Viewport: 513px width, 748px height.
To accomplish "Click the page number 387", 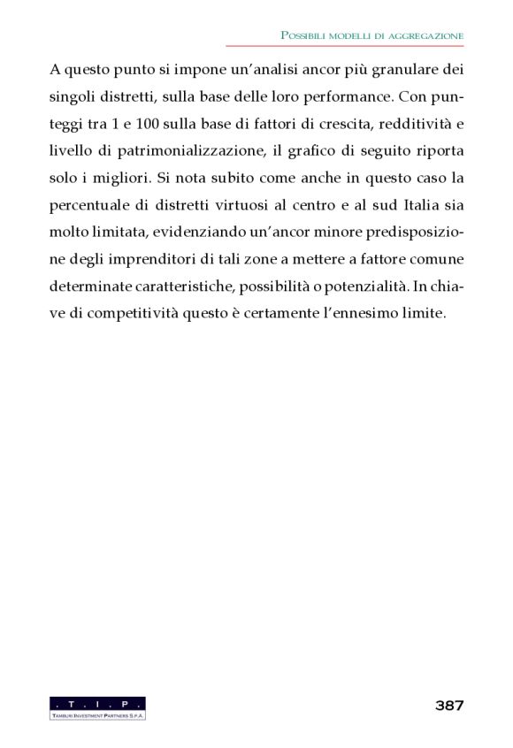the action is pyautogui.click(x=449, y=706).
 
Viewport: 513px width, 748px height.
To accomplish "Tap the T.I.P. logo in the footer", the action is pyautogui.click(x=98, y=707).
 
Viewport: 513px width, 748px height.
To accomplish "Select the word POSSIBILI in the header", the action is pyautogui.click(x=307, y=34).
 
